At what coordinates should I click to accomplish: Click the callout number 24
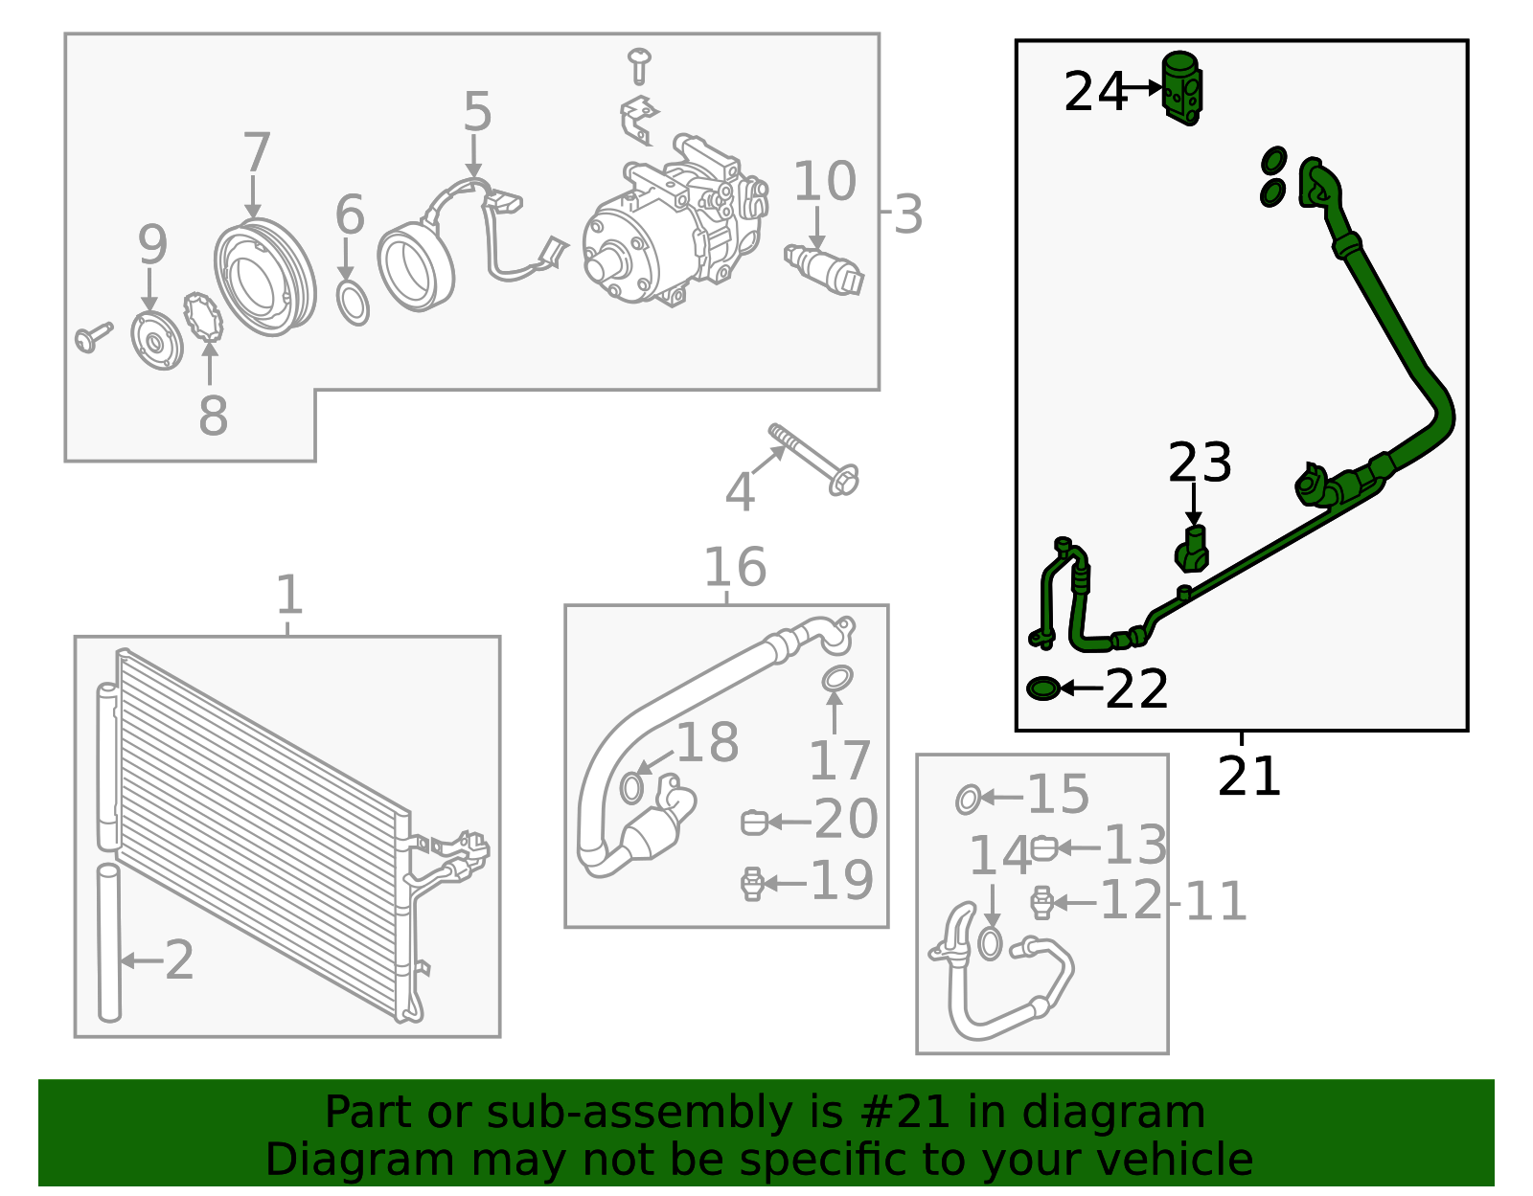[1094, 92]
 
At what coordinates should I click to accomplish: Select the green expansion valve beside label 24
[1181, 88]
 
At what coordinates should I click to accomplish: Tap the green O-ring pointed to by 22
[1041, 688]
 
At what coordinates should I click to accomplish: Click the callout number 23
[1199, 463]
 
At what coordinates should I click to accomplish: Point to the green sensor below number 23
[1192, 550]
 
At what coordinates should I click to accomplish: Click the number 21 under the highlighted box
[1248, 777]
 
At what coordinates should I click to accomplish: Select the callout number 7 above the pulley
[256, 153]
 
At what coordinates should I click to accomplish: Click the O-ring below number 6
[353, 304]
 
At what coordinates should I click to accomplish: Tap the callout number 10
[823, 182]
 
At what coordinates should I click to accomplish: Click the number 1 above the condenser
[288, 596]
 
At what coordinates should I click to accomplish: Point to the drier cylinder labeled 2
[109, 943]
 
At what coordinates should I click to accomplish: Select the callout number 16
[734, 567]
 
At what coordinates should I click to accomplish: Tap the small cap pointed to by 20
[754, 822]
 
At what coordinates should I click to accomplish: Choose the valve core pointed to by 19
[753, 883]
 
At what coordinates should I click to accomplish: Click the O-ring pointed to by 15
[968, 798]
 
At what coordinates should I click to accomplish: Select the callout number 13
[1135, 846]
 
